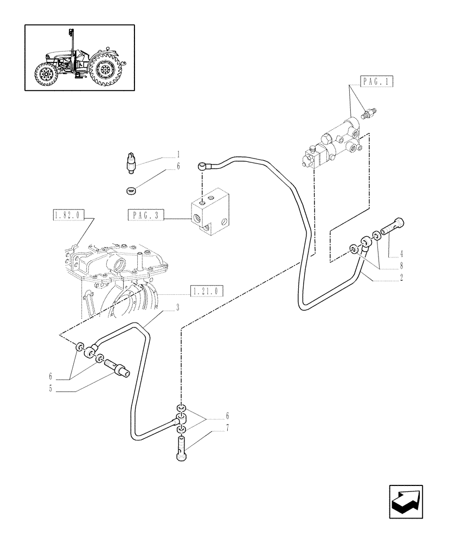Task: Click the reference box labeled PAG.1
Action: tap(375, 83)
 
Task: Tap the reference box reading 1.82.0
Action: tap(67, 215)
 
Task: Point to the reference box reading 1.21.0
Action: tap(207, 291)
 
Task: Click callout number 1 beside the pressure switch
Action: tap(177, 154)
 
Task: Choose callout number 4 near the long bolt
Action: tap(401, 253)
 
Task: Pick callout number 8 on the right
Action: tap(401, 267)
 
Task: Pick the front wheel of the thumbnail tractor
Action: tap(46, 75)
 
